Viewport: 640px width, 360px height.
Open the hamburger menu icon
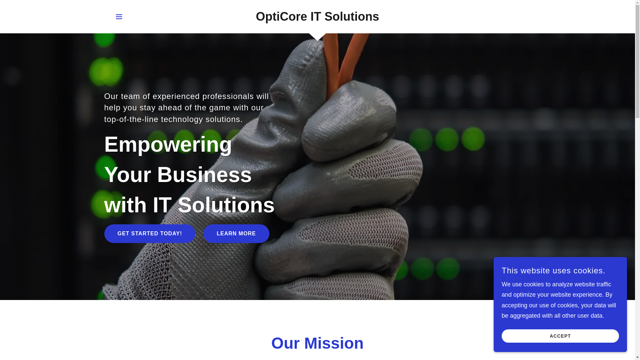119,17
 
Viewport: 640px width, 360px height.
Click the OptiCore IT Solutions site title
317,17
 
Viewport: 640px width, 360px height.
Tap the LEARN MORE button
236,234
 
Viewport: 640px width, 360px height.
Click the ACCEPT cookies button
560,336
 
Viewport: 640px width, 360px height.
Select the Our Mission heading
317,343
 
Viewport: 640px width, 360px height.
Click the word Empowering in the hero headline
168,145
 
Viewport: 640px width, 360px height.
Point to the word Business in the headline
204,175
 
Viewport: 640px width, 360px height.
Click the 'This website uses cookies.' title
553,271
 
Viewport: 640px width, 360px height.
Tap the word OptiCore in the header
281,17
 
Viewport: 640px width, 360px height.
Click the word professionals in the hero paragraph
228,96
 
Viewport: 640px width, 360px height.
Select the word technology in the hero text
182,119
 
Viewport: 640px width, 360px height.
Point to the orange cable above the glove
343,50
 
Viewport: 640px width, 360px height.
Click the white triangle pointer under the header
317,37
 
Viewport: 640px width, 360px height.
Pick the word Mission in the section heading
334,343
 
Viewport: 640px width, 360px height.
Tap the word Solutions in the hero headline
226,205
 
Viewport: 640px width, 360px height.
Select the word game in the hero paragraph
220,108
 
